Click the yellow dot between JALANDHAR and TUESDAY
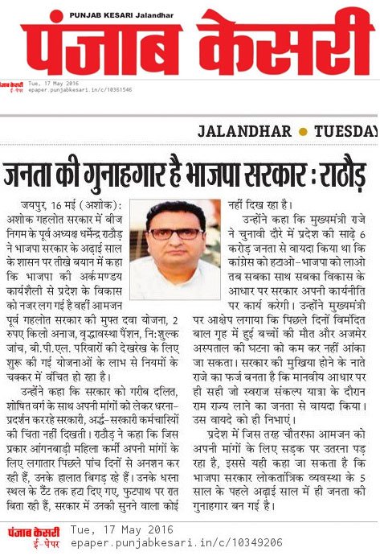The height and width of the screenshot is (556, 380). [301, 131]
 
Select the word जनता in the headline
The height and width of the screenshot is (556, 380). [34, 175]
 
